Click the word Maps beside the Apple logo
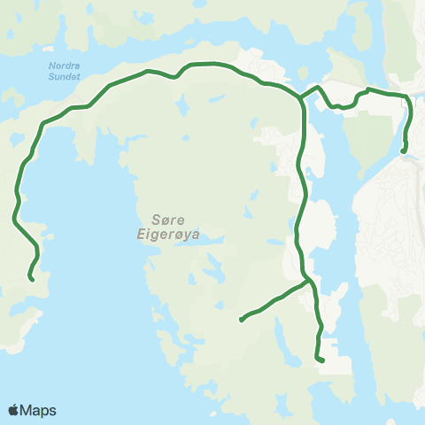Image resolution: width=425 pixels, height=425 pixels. [38, 411]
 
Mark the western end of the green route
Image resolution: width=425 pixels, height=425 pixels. [32, 279]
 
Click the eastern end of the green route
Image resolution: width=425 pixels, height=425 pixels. [404, 151]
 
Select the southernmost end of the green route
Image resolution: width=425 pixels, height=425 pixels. [321, 359]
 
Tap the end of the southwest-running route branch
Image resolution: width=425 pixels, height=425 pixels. [241, 320]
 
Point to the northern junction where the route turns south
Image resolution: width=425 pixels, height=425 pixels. [302, 97]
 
